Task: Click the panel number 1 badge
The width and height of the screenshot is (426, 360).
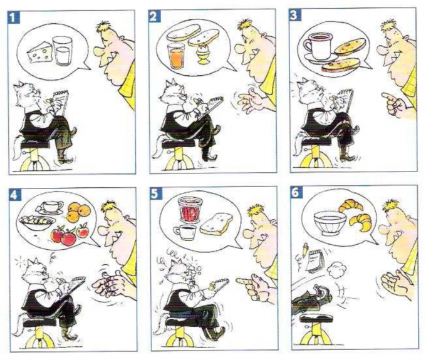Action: coord(13,18)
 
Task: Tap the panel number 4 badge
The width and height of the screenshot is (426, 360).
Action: coord(14,195)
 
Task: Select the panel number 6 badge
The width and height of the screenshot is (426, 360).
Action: coord(296,192)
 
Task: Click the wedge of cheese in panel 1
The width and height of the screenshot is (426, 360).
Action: coord(40,53)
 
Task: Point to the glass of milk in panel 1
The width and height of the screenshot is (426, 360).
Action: coord(63,51)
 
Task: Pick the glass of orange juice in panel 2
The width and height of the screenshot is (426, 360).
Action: coord(176,56)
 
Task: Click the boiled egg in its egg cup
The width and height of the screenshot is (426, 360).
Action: coord(202,55)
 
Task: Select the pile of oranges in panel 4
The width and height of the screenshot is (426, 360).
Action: coord(78,213)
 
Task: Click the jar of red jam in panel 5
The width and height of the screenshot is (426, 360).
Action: coord(190,210)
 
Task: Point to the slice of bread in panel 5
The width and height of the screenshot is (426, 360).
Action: coord(216,224)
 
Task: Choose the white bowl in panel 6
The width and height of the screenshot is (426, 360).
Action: coord(330,224)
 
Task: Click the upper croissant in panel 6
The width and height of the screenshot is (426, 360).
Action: coord(351,205)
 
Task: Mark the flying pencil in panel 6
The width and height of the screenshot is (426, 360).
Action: coord(305,250)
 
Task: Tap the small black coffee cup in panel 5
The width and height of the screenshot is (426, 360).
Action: coord(185,232)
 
